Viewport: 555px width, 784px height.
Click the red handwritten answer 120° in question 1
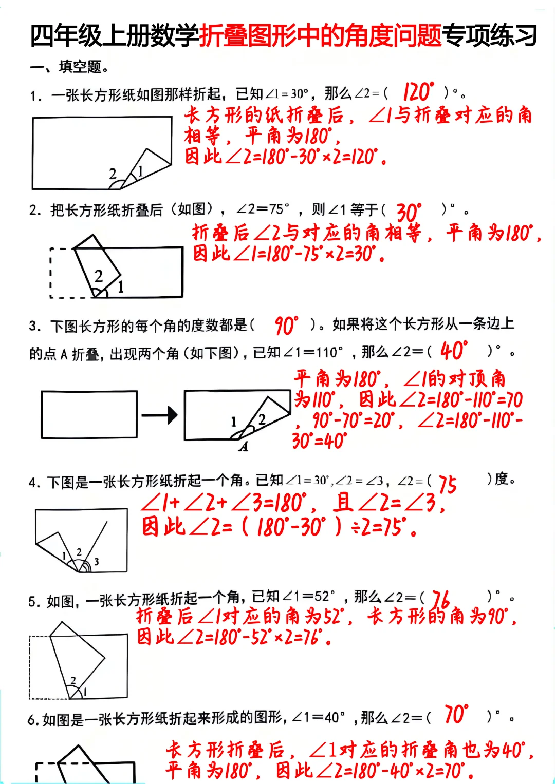(x=418, y=92)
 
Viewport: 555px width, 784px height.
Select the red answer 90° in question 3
(x=286, y=326)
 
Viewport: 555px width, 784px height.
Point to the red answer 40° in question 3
(x=454, y=351)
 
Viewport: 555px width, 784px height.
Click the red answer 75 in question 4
(x=447, y=484)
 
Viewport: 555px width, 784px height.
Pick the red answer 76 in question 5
(x=440, y=599)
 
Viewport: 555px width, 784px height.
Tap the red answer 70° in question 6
(x=456, y=714)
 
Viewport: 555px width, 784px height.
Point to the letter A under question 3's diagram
(x=244, y=447)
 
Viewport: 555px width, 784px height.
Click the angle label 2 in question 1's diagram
(x=113, y=174)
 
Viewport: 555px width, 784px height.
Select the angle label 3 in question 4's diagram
(x=96, y=562)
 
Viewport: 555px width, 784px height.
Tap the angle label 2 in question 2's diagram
(x=99, y=276)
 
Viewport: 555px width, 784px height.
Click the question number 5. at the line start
(x=34, y=601)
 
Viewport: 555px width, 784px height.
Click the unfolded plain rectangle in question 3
(x=89, y=415)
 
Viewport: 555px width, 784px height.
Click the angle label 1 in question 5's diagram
(x=85, y=692)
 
